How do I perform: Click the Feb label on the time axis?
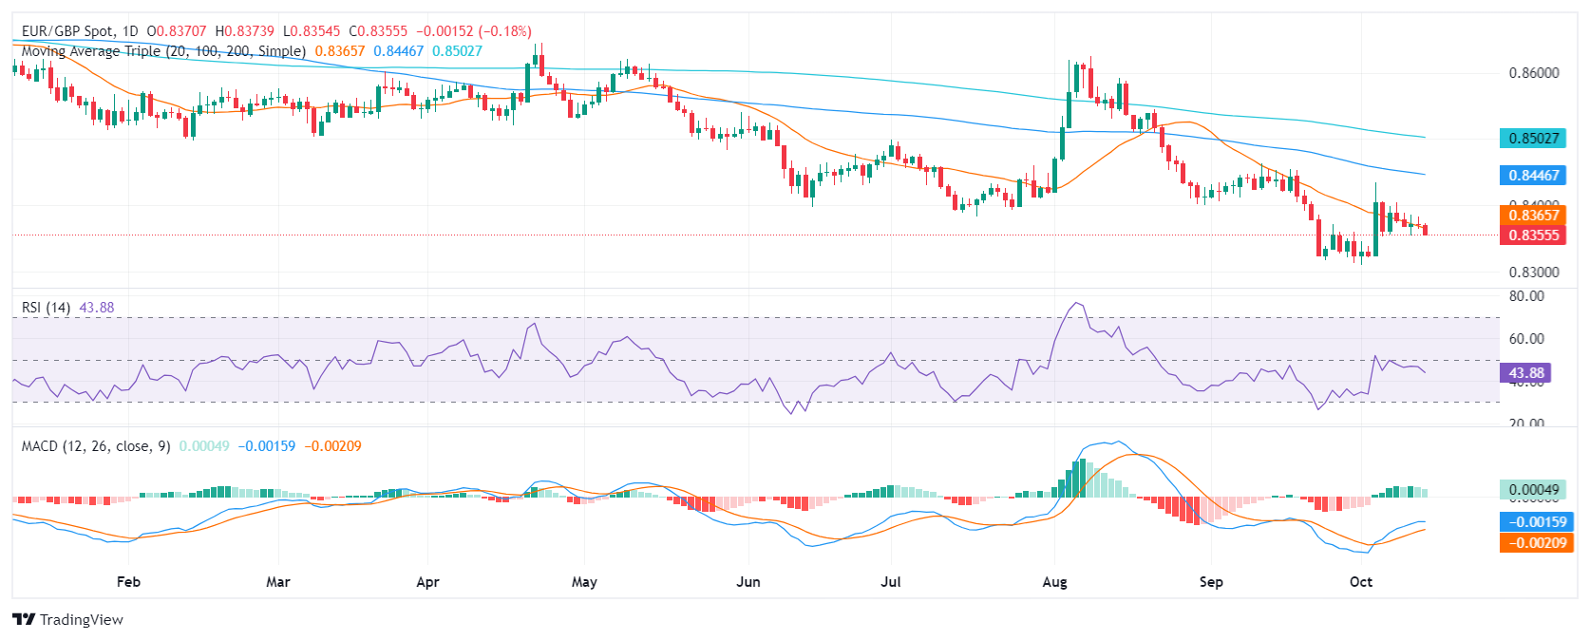[128, 581]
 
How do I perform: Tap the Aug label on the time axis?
[1054, 581]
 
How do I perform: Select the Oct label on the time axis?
[1361, 581]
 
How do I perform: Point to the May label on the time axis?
[584, 581]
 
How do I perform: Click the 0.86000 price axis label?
[1534, 73]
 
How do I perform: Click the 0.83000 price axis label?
[1534, 272]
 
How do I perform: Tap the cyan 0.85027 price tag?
[1534, 139]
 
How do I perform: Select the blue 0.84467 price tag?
[1534, 176]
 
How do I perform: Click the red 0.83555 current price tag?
[1534, 235]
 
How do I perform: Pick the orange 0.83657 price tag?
[1534, 216]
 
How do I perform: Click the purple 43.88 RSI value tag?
[1526, 373]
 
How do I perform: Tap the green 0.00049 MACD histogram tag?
[1534, 490]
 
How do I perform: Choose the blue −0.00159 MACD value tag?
[1534, 521]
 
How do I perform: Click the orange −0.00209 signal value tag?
[1534, 542]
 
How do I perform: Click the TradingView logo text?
[81, 620]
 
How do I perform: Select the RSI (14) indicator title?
[46, 308]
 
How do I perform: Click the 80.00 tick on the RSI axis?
[1526, 296]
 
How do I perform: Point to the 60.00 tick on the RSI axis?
[1526, 338]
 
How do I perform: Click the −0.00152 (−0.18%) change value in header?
[474, 31]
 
